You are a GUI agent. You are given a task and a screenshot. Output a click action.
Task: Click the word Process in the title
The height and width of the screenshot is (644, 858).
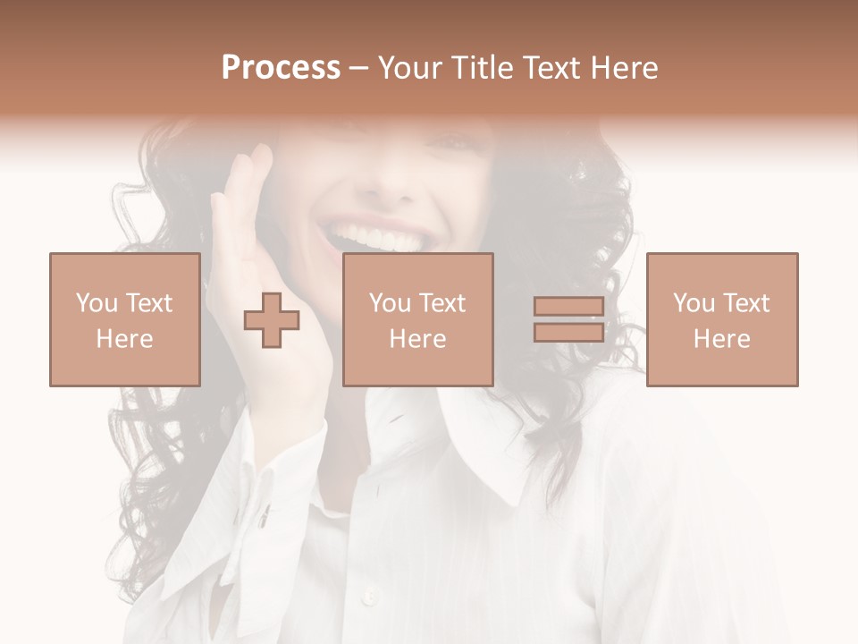click(281, 68)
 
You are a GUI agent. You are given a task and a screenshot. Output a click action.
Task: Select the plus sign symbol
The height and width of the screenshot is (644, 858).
click(272, 320)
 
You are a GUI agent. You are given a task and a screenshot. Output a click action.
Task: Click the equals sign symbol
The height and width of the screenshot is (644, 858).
click(568, 319)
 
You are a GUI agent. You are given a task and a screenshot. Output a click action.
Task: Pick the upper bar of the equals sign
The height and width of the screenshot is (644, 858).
click(568, 307)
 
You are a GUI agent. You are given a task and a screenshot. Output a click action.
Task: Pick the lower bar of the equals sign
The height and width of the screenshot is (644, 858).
click(568, 332)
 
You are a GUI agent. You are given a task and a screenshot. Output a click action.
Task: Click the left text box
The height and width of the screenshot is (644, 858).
click(124, 319)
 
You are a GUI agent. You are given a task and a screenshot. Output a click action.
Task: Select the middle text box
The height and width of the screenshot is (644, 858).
click(417, 319)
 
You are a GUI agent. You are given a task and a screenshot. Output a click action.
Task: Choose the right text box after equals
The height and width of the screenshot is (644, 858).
click(721, 319)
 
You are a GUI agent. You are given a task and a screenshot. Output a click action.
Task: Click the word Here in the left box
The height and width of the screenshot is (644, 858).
click(124, 339)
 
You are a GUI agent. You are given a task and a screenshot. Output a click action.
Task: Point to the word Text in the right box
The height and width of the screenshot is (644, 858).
click(746, 303)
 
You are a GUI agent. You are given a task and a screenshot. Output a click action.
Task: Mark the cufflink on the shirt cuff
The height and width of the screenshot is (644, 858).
click(265, 514)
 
